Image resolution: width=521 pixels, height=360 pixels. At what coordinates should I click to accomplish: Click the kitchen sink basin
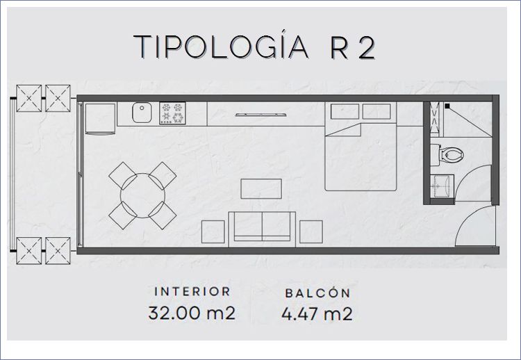click(x=142, y=113)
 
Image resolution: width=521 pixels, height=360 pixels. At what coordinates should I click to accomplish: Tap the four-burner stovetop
click(x=172, y=113)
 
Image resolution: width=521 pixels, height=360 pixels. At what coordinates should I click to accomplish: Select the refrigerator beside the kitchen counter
click(x=100, y=119)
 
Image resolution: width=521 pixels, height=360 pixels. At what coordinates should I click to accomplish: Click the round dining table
click(x=142, y=195)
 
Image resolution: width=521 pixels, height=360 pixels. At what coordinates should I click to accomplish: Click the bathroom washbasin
click(x=442, y=186)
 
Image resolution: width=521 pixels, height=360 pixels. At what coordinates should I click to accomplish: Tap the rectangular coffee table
click(x=261, y=189)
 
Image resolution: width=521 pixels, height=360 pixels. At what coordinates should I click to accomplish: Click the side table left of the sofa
click(x=213, y=231)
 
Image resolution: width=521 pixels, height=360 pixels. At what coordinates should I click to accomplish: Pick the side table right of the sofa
click(x=311, y=231)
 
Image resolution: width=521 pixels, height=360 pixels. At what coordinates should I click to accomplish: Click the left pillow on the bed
click(x=345, y=111)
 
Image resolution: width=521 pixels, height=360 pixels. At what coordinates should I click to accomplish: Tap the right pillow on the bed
click(x=377, y=111)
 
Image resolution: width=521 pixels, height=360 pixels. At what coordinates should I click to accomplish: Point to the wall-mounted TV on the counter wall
click(x=261, y=115)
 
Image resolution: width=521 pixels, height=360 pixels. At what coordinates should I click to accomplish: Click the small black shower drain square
click(x=447, y=106)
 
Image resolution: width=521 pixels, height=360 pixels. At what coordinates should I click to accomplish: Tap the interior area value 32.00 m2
click(x=192, y=313)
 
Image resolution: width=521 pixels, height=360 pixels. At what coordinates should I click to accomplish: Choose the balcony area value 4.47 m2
click(x=317, y=313)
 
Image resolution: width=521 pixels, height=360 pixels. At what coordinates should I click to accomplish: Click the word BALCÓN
click(x=317, y=293)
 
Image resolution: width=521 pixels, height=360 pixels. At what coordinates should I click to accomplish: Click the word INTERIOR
click(x=192, y=291)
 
